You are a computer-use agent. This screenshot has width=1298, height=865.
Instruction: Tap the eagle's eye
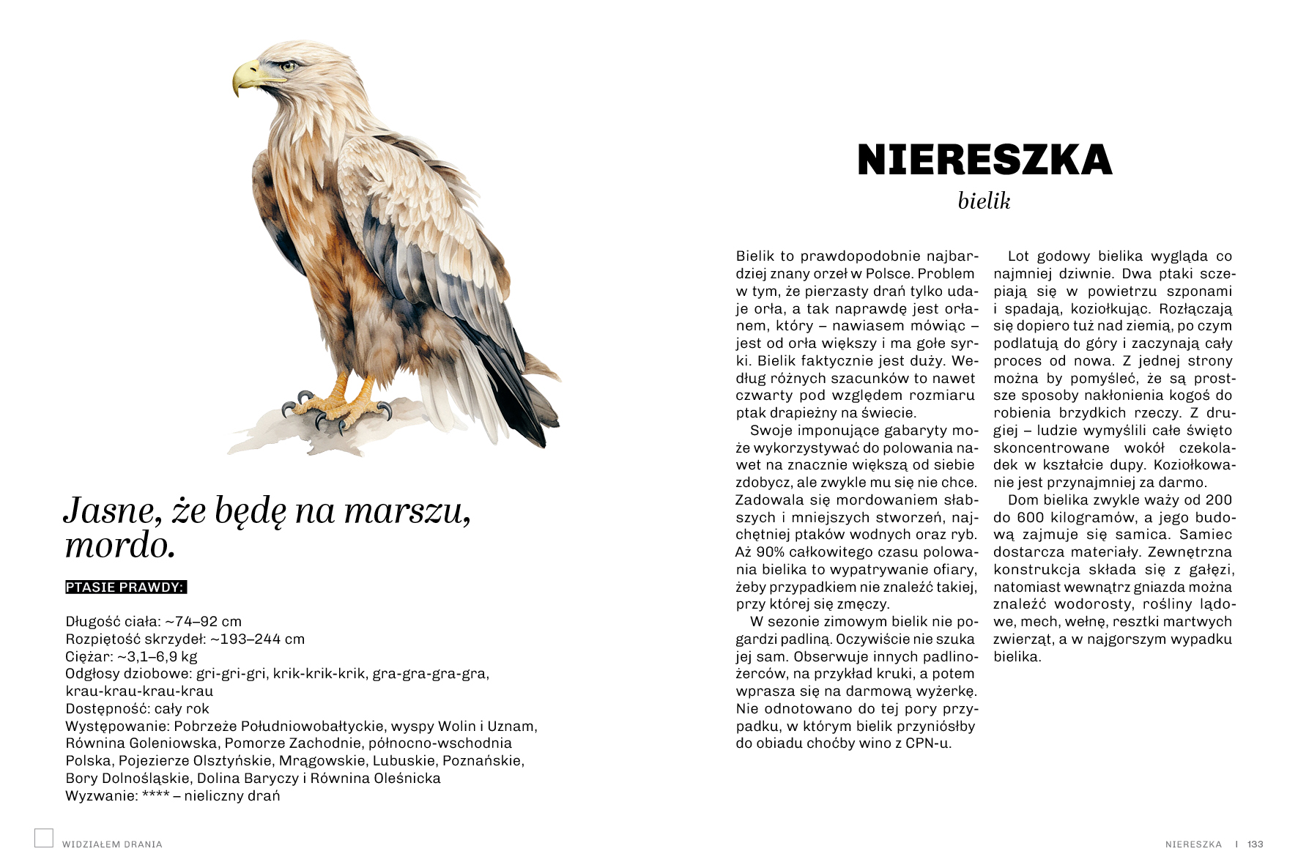[286, 66]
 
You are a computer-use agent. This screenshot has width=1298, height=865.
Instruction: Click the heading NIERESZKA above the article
[984, 160]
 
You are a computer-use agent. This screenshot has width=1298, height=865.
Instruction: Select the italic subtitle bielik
[984, 201]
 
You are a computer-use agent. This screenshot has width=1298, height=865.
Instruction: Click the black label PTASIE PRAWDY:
[125, 587]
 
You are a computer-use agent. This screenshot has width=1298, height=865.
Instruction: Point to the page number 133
[1256, 844]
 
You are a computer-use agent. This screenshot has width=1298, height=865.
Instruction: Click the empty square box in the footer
[44, 838]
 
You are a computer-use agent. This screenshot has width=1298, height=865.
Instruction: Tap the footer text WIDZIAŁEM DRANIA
[112, 844]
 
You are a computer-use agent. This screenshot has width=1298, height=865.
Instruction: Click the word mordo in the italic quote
[119, 545]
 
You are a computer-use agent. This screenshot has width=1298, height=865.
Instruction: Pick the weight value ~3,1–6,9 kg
[157, 656]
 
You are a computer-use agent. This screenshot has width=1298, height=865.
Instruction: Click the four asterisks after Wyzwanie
[155, 795]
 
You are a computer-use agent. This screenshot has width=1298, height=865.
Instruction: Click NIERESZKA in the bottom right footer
[1193, 844]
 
